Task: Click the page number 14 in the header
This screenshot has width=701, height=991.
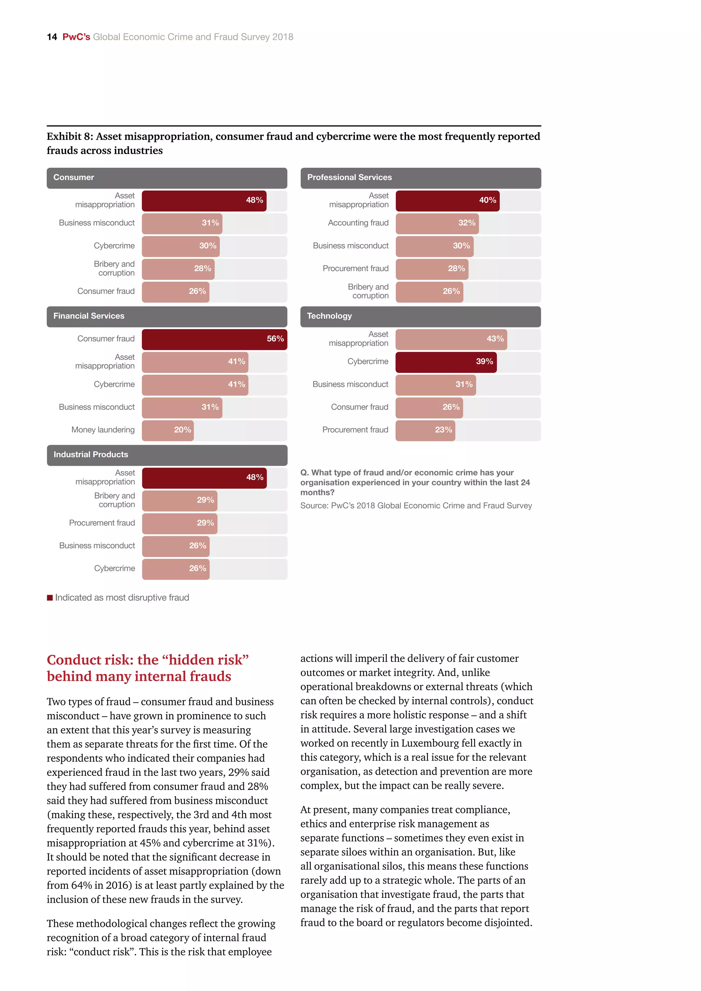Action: click(52, 37)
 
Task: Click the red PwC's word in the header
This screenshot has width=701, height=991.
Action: click(76, 37)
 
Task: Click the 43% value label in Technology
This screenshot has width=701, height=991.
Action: click(495, 339)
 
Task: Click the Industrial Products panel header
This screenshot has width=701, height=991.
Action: click(167, 455)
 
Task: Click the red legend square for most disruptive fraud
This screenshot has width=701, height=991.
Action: click(50, 598)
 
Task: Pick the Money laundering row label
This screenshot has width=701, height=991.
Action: click(103, 430)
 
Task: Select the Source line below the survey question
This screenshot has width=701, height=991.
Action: click(416, 506)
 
